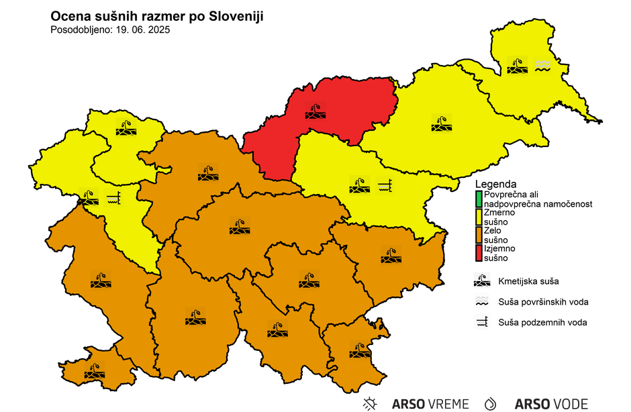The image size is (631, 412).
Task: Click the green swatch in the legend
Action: pyautogui.click(x=479, y=199)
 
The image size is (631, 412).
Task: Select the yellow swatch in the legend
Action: pyautogui.click(x=479, y=217)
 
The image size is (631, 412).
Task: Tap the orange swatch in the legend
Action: pyautogui.click(x=479, y=235)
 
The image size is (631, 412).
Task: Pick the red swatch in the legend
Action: pyautogui.click(x=479, y=253)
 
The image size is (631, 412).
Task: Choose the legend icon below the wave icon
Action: pyautogui.click(x=482, y=322)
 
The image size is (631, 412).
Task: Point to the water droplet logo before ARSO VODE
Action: pyautogui.click(x=491, y=404)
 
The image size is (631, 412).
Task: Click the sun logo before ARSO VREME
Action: pyautogui.click(x=369, y=404)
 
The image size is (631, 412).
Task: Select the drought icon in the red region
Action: pyautogui.click(x=315, y=110)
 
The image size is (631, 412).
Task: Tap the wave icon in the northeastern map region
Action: pyautogui.click(x=542, y=65)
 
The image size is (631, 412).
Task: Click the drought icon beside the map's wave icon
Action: pyautogui.click(x=517, y=65)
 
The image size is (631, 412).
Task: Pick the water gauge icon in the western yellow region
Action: pyautogui.click(x=113, y=198)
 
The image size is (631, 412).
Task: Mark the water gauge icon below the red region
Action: pyautogui.click(x=384, y=185)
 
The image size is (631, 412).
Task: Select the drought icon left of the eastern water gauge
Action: pyautogui.click(x=359, y=185)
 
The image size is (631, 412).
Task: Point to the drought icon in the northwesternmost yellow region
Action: pyautogui.click(x=126, y=127)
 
